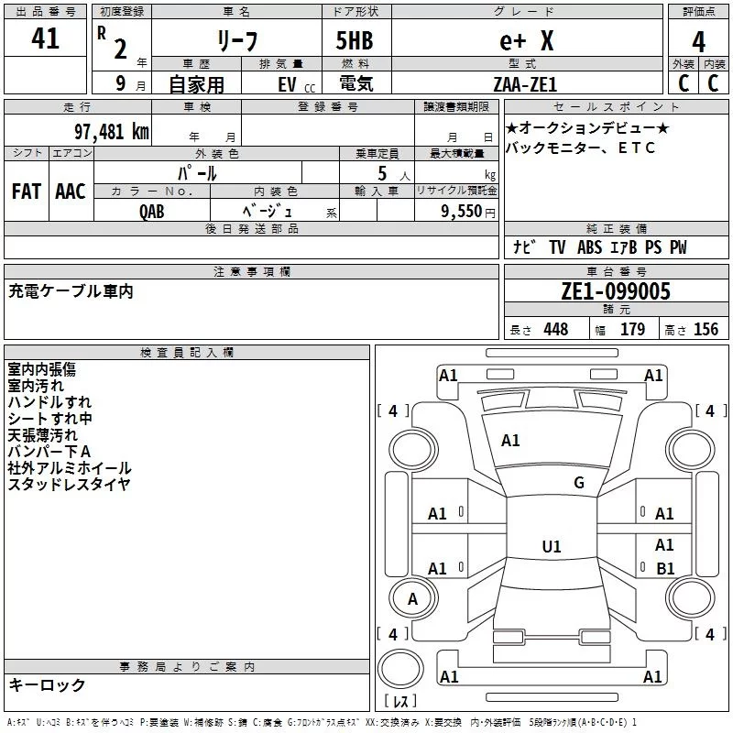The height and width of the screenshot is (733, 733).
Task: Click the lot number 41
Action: coord(45,39)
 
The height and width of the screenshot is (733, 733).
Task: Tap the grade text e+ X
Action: coord(526,40)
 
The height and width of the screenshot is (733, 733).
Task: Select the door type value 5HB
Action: coord(355,40)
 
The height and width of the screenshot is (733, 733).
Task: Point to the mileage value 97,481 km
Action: coord(111,131)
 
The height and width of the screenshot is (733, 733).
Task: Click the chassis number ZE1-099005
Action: coord(616,292)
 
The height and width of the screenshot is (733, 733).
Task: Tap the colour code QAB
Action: coord(152,211)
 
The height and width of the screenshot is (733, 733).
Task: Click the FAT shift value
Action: coord(26,191)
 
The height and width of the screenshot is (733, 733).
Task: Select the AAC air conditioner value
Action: coord(70,191)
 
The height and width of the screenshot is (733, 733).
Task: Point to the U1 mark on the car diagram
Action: coord(551,547)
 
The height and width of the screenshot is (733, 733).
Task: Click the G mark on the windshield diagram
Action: coord(578,483)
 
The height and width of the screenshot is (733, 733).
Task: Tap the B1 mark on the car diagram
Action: coord(665,569)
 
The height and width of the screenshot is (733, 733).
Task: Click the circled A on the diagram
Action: coord(412,599)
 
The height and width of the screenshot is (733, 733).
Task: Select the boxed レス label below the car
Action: coord(400,702)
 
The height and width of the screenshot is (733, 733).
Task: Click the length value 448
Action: coord(554,330)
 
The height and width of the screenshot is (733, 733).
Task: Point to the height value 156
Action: coord(706,330)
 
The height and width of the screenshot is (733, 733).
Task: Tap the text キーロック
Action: coord(47,684)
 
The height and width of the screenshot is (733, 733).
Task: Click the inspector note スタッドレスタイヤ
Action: coord(69,485)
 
